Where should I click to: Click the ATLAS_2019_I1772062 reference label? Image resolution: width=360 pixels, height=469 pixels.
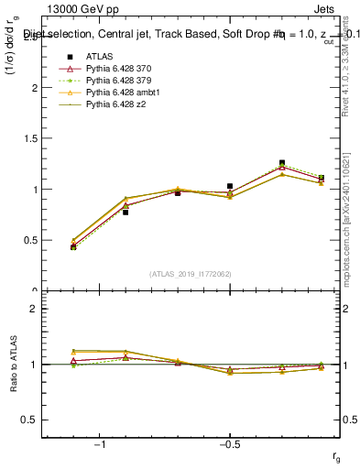[191, 273]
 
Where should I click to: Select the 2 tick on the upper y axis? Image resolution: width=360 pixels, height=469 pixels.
[37, 88]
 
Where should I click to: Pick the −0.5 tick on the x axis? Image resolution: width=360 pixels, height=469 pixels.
[229, 445]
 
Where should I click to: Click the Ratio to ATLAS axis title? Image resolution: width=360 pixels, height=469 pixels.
[13, 365]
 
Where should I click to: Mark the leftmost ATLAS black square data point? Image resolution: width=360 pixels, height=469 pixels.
[73, 247]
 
